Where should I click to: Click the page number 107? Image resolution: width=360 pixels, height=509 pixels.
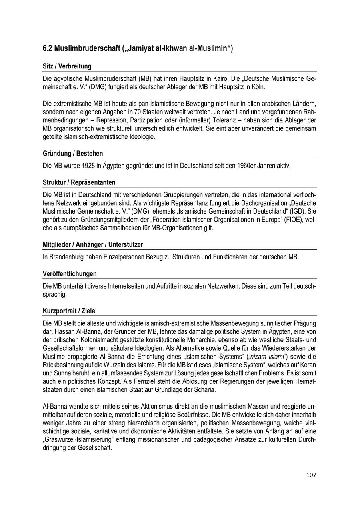[311, 475]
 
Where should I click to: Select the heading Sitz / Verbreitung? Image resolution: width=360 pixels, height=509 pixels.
[67, 66]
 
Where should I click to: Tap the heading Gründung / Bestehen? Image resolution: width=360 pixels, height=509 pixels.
[72, 153]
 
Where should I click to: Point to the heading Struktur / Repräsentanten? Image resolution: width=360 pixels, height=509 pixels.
[79, 182]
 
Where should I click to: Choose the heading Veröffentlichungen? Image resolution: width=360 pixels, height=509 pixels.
[70, 274]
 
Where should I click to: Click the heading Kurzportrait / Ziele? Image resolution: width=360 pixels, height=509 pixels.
[69, 311]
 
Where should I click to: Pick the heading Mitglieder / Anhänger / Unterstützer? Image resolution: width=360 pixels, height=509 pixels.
[93, 244]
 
